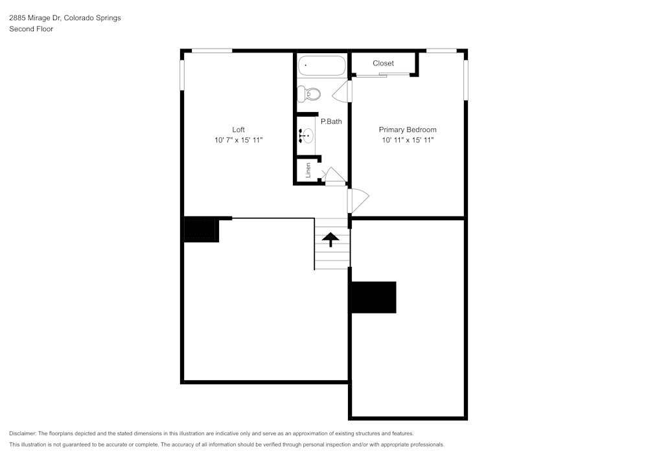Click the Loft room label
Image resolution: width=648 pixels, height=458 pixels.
(238, 130)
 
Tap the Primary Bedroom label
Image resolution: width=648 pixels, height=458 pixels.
(408, 130)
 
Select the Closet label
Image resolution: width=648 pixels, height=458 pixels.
(383, 63)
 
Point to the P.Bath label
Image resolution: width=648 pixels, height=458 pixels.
(331, 121)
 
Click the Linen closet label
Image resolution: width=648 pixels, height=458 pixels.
(308, 170)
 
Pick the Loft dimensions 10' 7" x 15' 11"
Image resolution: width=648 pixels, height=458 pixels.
(238, 140)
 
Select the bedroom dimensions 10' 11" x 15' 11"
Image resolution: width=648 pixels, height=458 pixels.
(408, 140)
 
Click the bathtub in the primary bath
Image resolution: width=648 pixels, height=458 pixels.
(321, 65)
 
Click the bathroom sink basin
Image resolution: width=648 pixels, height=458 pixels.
(307, 135)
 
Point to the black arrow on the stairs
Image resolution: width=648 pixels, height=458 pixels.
(330, 239)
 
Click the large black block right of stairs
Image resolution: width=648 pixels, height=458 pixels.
(374, 297)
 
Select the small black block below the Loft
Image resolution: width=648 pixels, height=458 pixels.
(201, 229)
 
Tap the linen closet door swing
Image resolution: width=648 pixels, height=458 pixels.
(334, 175)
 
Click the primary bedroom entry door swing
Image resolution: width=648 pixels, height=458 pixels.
(358, 200)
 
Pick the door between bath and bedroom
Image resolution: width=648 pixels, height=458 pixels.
(342, 91)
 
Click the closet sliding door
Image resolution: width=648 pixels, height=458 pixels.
(383, 74)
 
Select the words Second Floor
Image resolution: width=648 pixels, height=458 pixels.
(31, 29)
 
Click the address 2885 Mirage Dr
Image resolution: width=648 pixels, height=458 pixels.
(36, 17)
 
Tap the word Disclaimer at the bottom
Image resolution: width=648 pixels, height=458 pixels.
(22, 433)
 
